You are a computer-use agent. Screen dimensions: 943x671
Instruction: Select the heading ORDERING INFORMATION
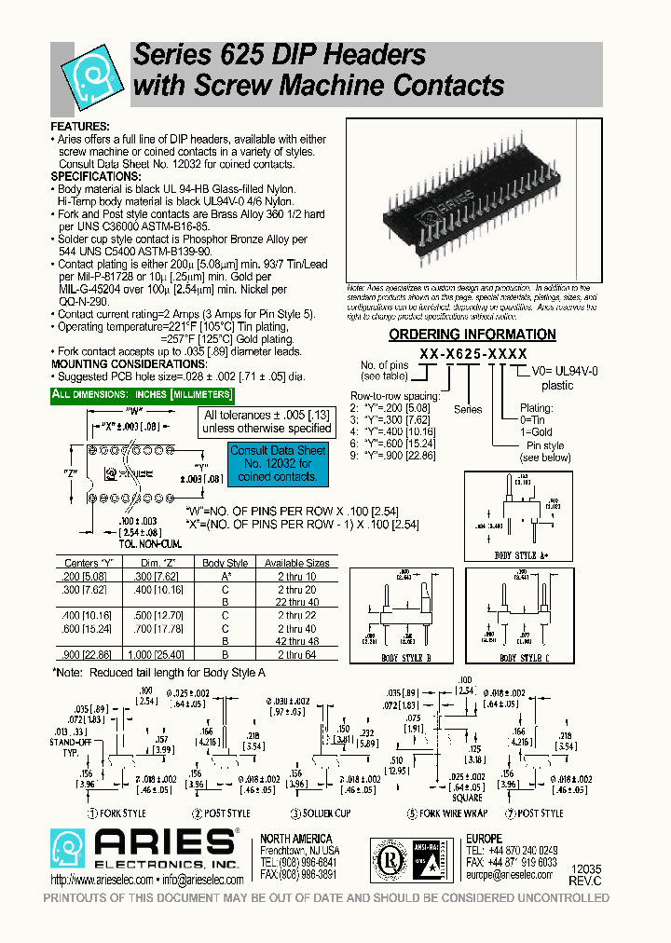pos(472,335)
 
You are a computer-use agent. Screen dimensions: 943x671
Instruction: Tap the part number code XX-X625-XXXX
pos(472,355)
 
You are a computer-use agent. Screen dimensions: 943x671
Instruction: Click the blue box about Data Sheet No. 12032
pos(279,463)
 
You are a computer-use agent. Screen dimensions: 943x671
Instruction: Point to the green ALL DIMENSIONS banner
pos(135,395)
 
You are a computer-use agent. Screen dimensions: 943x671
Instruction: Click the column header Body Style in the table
pos(226,563)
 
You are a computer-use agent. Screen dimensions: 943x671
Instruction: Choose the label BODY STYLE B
pos(405,658)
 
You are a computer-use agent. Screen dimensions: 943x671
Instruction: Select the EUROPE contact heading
pos(484,839)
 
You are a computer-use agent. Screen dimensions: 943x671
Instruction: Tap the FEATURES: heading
pos(80,126)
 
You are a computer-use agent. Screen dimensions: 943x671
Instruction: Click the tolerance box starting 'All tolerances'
pos(267,422)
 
